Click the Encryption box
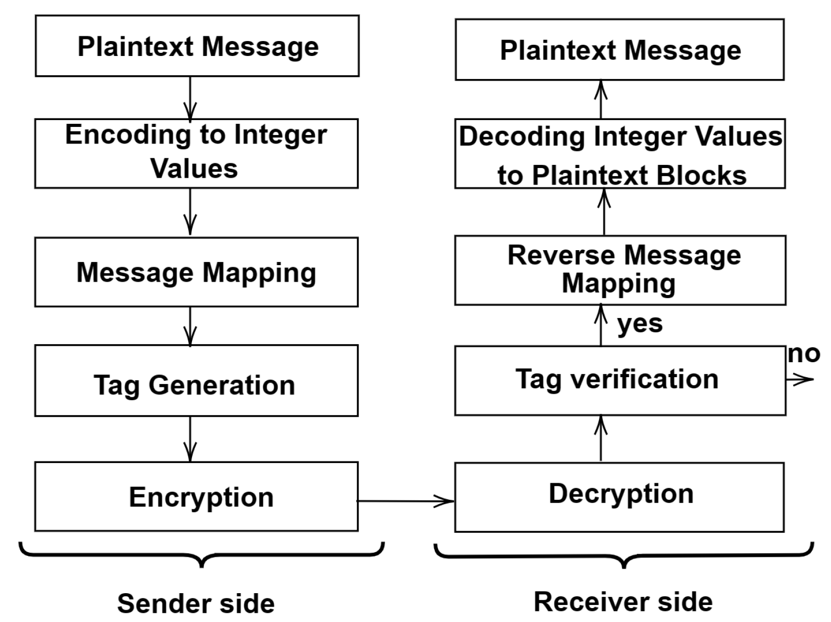(196, 497)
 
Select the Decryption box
(619, 497)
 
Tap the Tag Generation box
(196, 380)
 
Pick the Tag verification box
(620, 380)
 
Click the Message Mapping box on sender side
(196, 272)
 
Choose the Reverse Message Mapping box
(620, 270)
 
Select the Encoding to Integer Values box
(196, 153)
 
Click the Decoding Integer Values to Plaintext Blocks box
(620, 154)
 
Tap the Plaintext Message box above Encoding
(197, 46)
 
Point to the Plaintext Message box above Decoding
(619, 50)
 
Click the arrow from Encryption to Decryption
(405, 501)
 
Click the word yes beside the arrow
(640, 324)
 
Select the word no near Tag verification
(804, 354)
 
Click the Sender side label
(196, 603)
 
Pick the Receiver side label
(623, 601)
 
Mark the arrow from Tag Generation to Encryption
(190, 438)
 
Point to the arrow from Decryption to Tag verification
(601, 438)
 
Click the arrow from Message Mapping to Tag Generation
(190, 325)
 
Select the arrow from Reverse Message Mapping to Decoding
(604, 212)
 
